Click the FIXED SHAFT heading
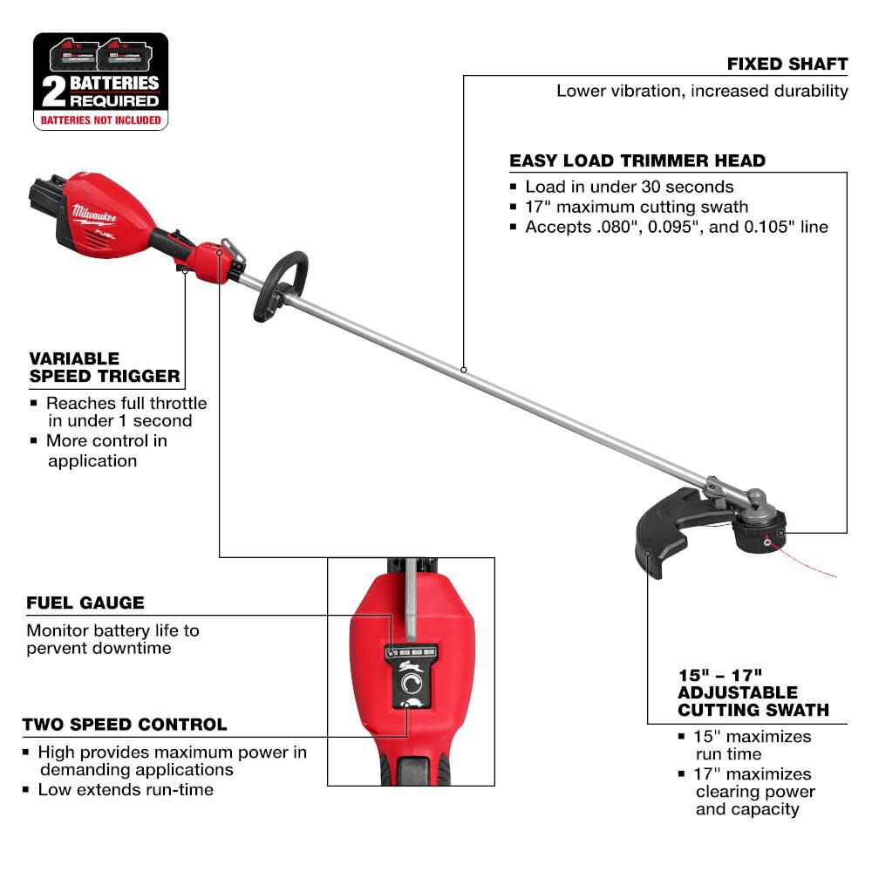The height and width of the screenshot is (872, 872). tap(787, 65)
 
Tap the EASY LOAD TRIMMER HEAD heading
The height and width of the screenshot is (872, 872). tap(637, 160)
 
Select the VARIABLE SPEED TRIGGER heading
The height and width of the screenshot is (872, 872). tap(105, 367)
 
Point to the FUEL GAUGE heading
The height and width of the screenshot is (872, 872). tap(85, 603)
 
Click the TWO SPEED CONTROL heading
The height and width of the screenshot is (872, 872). tap(125, 725)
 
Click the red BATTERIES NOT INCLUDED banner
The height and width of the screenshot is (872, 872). tap(101, 119)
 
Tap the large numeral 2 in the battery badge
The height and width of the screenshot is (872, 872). tap(54, 91)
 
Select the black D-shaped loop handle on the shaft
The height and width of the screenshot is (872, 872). tap(280, 287)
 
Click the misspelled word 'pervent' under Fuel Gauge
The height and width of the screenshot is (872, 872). tap(53, 648)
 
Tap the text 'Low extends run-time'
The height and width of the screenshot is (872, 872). tap(126, 789)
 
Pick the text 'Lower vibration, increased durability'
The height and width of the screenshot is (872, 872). tap(702, 91)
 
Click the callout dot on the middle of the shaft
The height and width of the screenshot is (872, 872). tap(464, 370)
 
